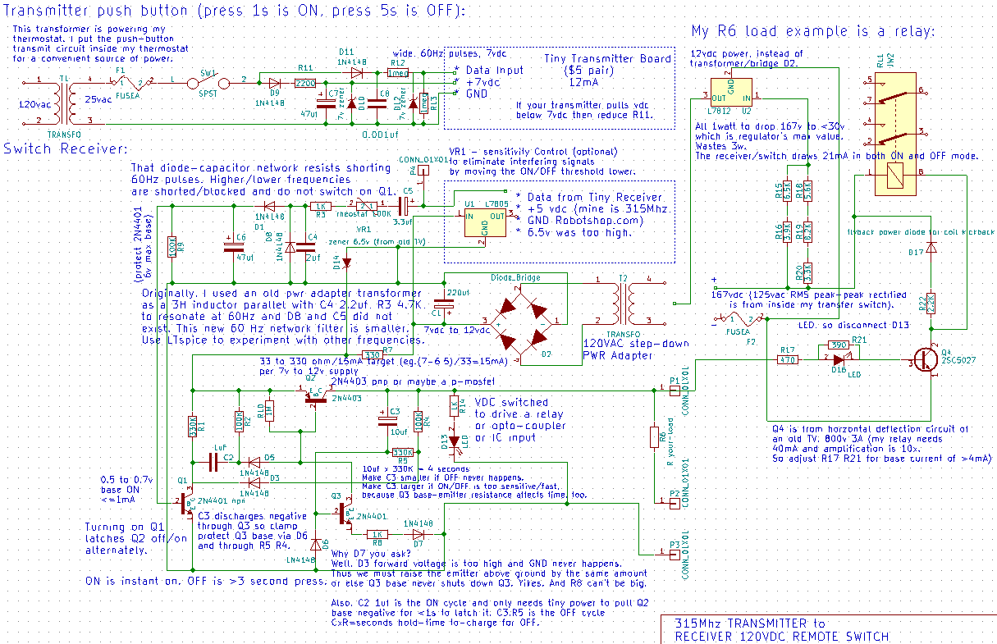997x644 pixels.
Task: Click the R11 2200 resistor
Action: point(305,83)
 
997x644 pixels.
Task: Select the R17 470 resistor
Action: point(788,359)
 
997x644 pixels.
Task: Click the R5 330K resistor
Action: point(401,451)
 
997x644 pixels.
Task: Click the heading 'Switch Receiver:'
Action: point(65,148)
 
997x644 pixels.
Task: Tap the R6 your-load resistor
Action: point(654,439)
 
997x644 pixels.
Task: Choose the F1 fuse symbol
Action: point(130,82)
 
